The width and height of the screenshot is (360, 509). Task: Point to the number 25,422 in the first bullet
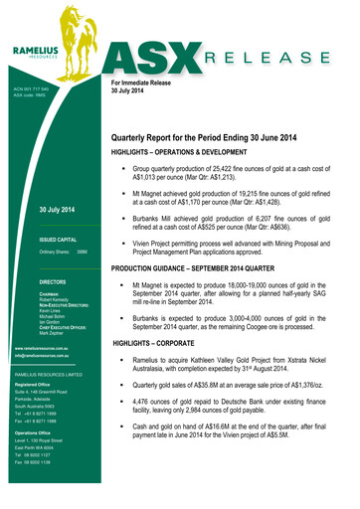(x=240, y=170)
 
